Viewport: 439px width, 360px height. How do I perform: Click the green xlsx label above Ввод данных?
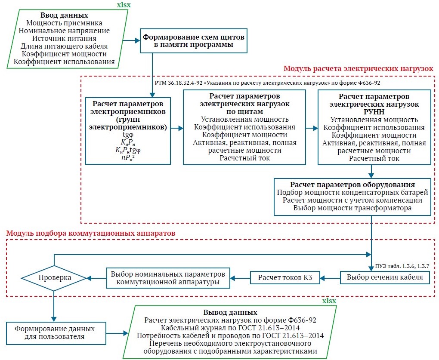point(125,5)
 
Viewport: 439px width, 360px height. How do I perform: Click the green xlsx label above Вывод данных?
point(330,301)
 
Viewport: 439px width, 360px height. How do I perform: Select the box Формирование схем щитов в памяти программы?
point(194,41)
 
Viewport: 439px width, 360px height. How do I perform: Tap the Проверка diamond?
point(53,277)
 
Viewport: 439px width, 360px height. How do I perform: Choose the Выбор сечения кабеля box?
point(385,277)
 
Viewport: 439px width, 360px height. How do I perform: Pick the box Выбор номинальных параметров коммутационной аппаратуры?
point(168,278)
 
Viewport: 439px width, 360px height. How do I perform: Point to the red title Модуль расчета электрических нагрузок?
point(359,69)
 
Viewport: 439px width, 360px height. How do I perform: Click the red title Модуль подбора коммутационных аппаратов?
point(91,233)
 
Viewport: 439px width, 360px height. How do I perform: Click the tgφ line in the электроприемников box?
point(128,134)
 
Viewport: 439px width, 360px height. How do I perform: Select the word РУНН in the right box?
point(374,112)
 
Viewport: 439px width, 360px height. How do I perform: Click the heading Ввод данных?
point(64,15)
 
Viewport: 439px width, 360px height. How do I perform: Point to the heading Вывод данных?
point(230,312)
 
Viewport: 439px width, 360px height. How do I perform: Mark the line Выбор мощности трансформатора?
point(352,208)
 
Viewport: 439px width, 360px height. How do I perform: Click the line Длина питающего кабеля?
point(64,46)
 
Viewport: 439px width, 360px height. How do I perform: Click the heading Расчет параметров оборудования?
point(352,184)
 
